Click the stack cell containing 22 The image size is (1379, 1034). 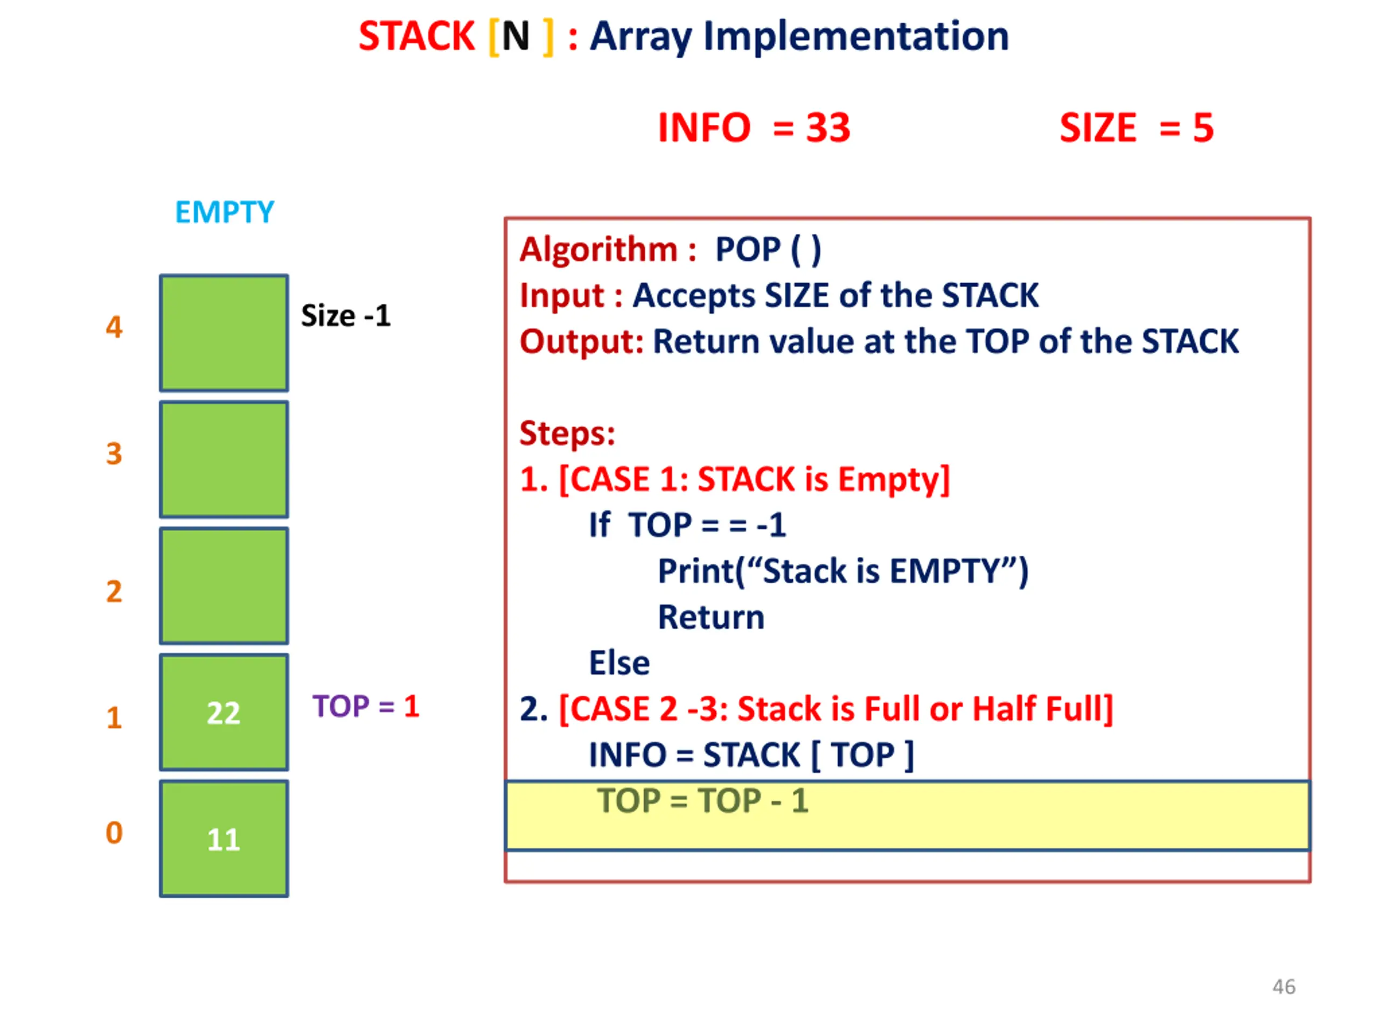[x=224, y=712]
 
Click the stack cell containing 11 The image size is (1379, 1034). [x=224, y=839]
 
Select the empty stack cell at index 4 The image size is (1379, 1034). [x=224, y=333]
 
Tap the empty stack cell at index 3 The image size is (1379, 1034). [x=224, y=459]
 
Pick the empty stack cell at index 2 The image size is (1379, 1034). [x=224, y=586]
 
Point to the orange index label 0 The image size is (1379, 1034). [x=114, y=833]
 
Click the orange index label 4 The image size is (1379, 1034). [x=114, y=326]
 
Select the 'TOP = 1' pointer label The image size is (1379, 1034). [x=366, y=706]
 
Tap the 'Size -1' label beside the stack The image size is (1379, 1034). [x=346, y=316]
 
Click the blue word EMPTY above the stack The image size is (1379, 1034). [x=225, y=212]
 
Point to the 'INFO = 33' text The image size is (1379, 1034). [x=754, y=128]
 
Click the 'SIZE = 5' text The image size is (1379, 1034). [x=1137, y=128]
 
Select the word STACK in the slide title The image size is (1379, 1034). [x=416, y=36]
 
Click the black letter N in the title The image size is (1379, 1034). [x=516, y=36]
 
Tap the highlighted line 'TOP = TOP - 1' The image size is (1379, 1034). [x=703, y=800]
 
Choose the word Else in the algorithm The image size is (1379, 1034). [x=619, y=662]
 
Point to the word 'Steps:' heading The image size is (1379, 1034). [x=567, y=433]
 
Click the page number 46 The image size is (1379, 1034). [x=1284, y=987]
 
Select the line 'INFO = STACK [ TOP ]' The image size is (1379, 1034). [x=752, y=755]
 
